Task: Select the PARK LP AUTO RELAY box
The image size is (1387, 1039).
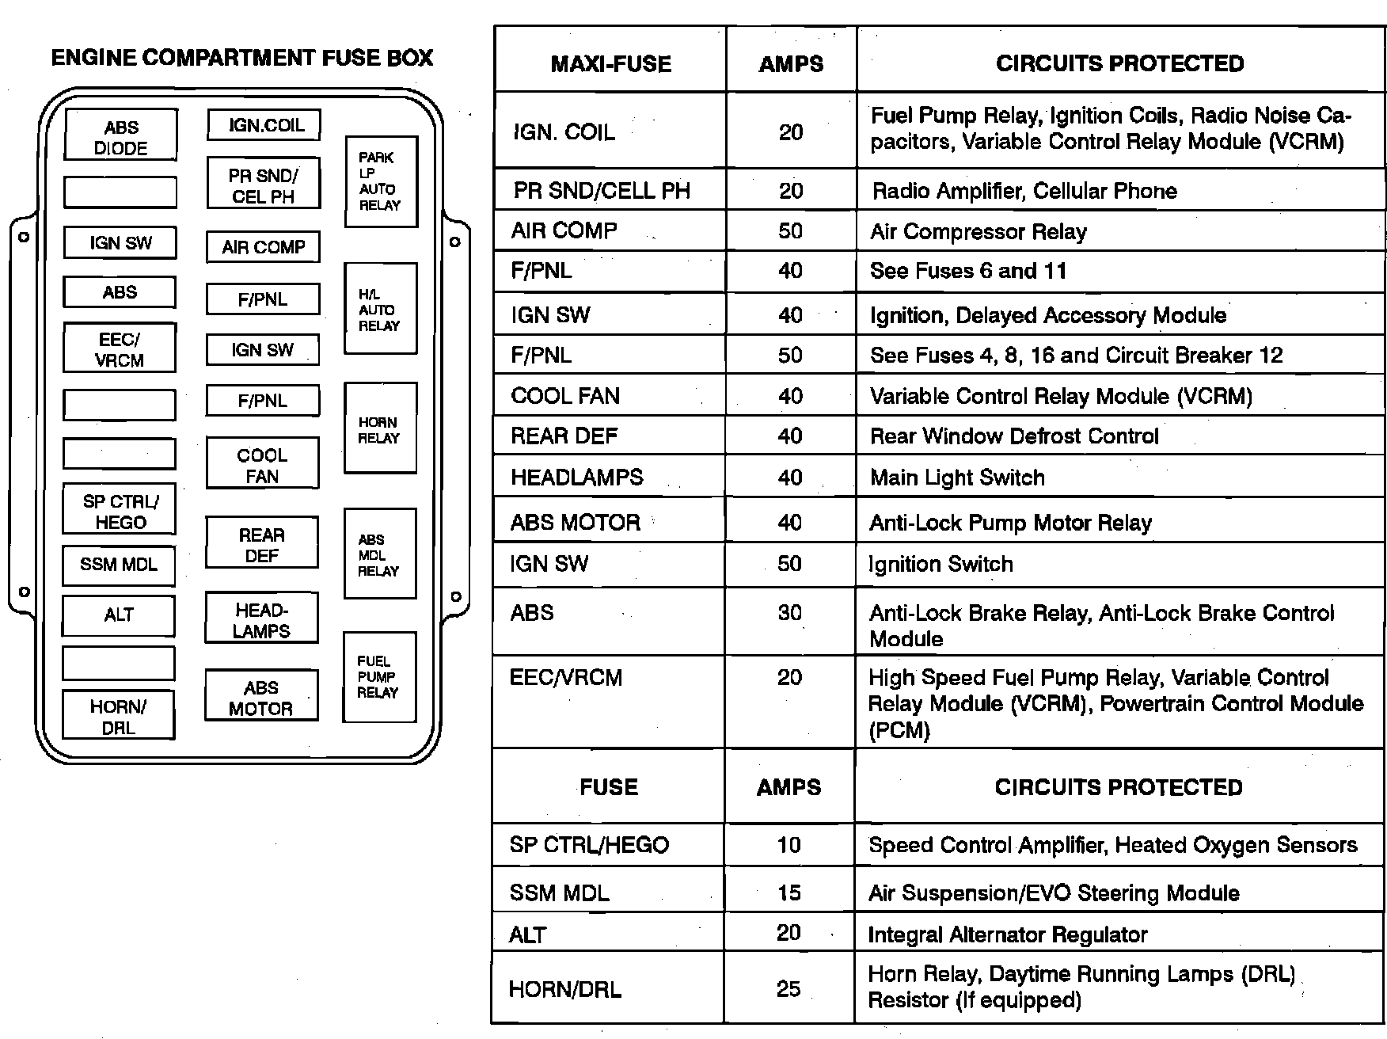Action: pyautogui.click(x=381, y=181)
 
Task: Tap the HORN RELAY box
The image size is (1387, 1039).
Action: pyautogui.click(x=380, y=428)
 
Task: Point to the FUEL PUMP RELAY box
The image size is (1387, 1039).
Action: pyautogui.click(x=378, y=677)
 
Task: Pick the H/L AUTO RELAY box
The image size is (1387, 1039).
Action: pyautogui.click(x=380, y=309)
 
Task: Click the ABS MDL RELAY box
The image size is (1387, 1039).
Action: pyautogui.click(x=379, y=554)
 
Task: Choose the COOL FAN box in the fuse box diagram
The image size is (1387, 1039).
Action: pyautogui.click(x=262, y=465)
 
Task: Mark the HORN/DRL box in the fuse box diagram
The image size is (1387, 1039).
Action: pyautogui.click(x=118, y=717)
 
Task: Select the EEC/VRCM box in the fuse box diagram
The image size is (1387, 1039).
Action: pyautogui.click(x=120, y=349)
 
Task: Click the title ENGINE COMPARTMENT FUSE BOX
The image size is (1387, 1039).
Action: pyautogui.click(x=241, y=58)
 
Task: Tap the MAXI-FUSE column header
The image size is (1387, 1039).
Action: pyautogui.click(x=610, y=63)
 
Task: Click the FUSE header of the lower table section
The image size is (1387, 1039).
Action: pyautogui.click(x=608, y=787)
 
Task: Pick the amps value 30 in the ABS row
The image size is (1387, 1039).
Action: pyautogui.click(x=790, y=612)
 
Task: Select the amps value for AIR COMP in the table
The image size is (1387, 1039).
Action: pyautogui.click(x=790, y=231)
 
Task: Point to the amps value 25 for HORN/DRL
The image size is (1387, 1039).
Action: pyautogui.click(x=788, y=988)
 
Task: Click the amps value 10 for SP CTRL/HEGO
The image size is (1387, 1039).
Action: pyautogui.click(x=788, y=845)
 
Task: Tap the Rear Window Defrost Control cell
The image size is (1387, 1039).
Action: pyautogui.click(x=1014, y=436)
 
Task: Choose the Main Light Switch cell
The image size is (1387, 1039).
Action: pyautogui.click(x=957, y=478)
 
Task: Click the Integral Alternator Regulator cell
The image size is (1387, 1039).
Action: pyautogui.click(x=1007, y=934)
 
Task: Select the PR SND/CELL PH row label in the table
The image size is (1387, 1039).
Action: pyautogui.click(x=602, y=191)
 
